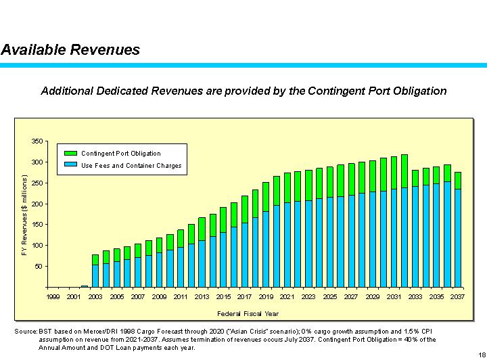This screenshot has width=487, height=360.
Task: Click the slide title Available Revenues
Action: tap(70, 49)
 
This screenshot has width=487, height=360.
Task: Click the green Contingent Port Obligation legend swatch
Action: tap(70, 154)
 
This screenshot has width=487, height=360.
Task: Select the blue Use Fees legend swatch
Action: tap(70, 165)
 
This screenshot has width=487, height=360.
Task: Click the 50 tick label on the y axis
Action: tap(39, 267)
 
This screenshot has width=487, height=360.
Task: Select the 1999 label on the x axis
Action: tap(53, 296)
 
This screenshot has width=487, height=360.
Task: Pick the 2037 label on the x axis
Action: tap(457, 296)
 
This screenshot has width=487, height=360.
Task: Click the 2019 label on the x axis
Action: tap(266, 296)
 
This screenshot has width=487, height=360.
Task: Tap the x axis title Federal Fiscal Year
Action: tap(248, 314)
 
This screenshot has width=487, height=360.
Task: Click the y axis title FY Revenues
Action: tap(24, 215)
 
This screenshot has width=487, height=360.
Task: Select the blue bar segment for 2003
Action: tap(95, 275)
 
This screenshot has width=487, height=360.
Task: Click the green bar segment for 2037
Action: tap(458, 180)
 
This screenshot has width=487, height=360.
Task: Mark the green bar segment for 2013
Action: tap(202, 229)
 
